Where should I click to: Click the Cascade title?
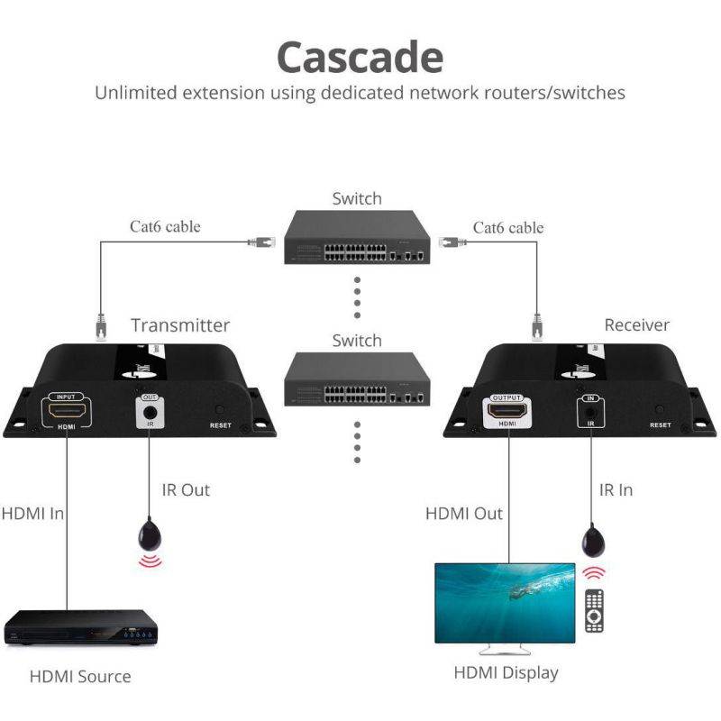tap(359, 56)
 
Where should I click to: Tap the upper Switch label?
tap(357, 199)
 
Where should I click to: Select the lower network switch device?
tap(357, 383)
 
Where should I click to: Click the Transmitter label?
tap(180, 325)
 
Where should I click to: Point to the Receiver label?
tap(637, 325)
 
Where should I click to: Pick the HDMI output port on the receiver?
tap(507, 413)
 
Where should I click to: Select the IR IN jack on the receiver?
tap(589, 414)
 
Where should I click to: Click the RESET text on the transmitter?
tap(221, 424)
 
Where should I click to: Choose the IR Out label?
tap(186, 489)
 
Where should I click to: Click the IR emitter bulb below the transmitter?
tap(151, 537)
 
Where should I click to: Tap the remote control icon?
tap(594, 610)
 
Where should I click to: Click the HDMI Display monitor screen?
tap(504, 602)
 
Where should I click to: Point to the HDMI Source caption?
tap(80, 676)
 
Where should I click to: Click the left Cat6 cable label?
tap(165, 226)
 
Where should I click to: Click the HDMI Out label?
tap(464, 514)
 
